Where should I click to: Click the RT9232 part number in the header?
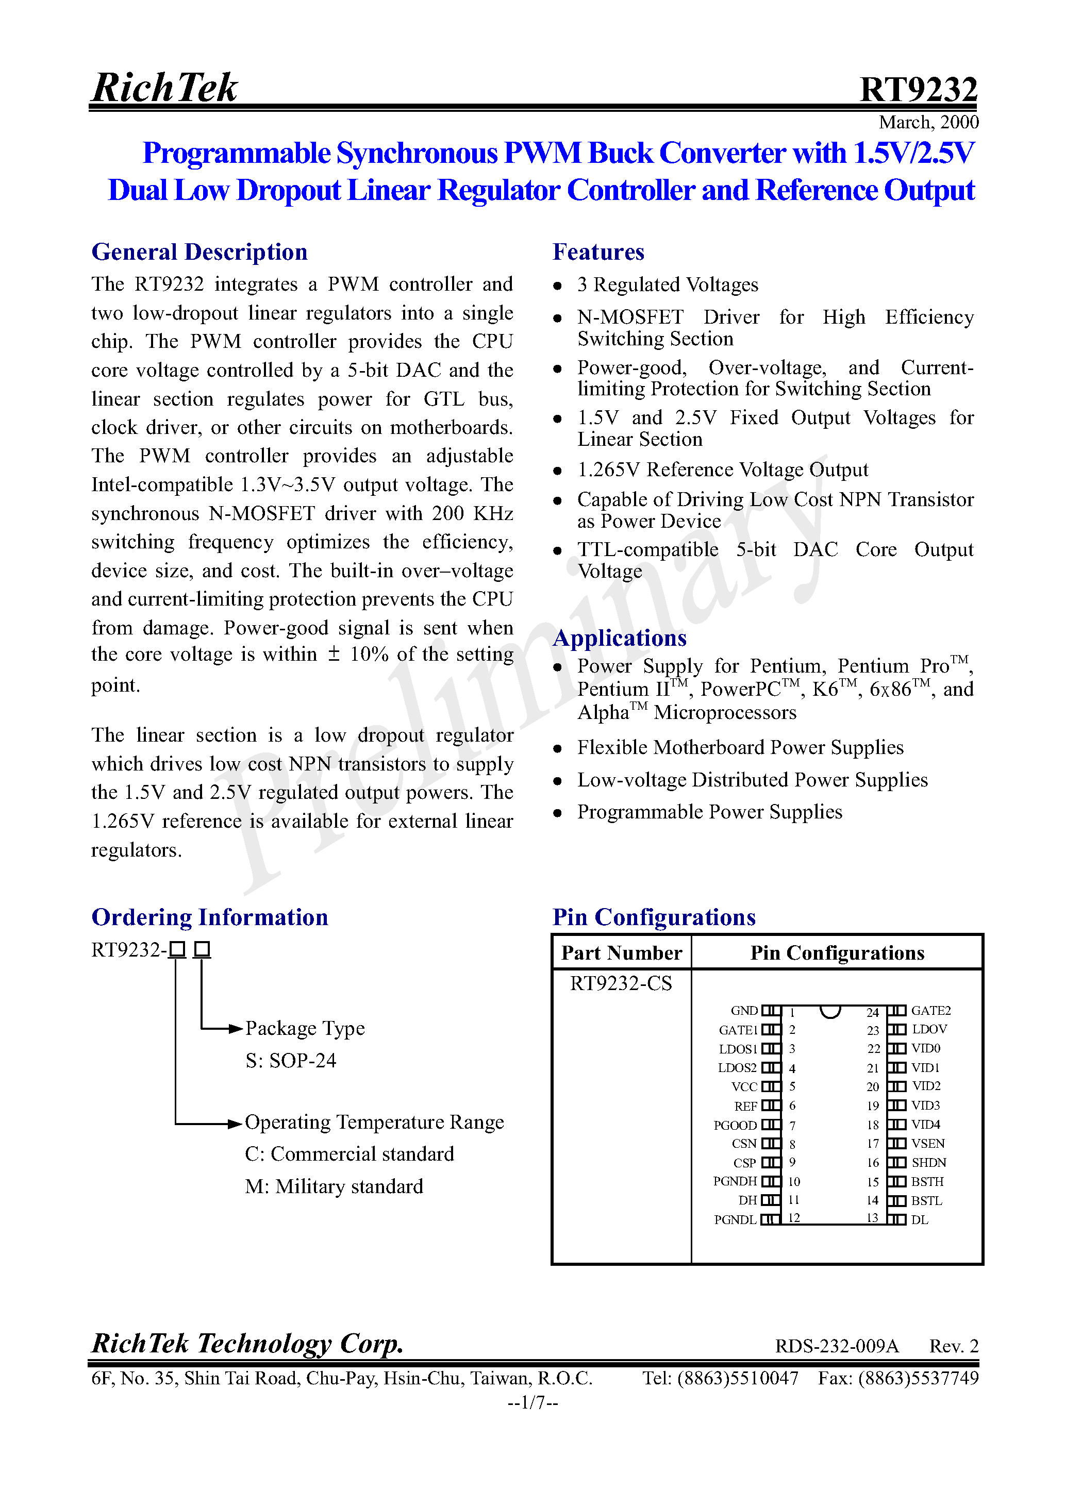(x=918, y=90)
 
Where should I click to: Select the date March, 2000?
(x=928, y=123)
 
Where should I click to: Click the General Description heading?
(x=199, y=252)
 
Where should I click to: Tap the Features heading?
(x=597, y=252)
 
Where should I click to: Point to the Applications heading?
(x=619, y=638)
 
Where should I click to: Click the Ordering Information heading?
(x=209, y=917)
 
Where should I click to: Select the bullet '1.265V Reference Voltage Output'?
(x=722, y=470)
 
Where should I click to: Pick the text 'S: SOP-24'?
(x=290, y=1061)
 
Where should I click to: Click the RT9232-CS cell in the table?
(x=621, y=983)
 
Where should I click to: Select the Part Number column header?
(x=621, y=953)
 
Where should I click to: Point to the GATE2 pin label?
(x=930, y=1011)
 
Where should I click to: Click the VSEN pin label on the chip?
(x=927, y=1143)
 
